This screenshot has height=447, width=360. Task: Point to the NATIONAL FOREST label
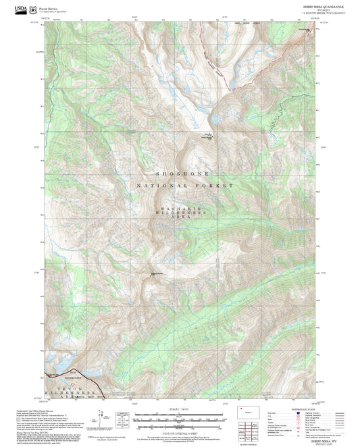click(185, 185)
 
